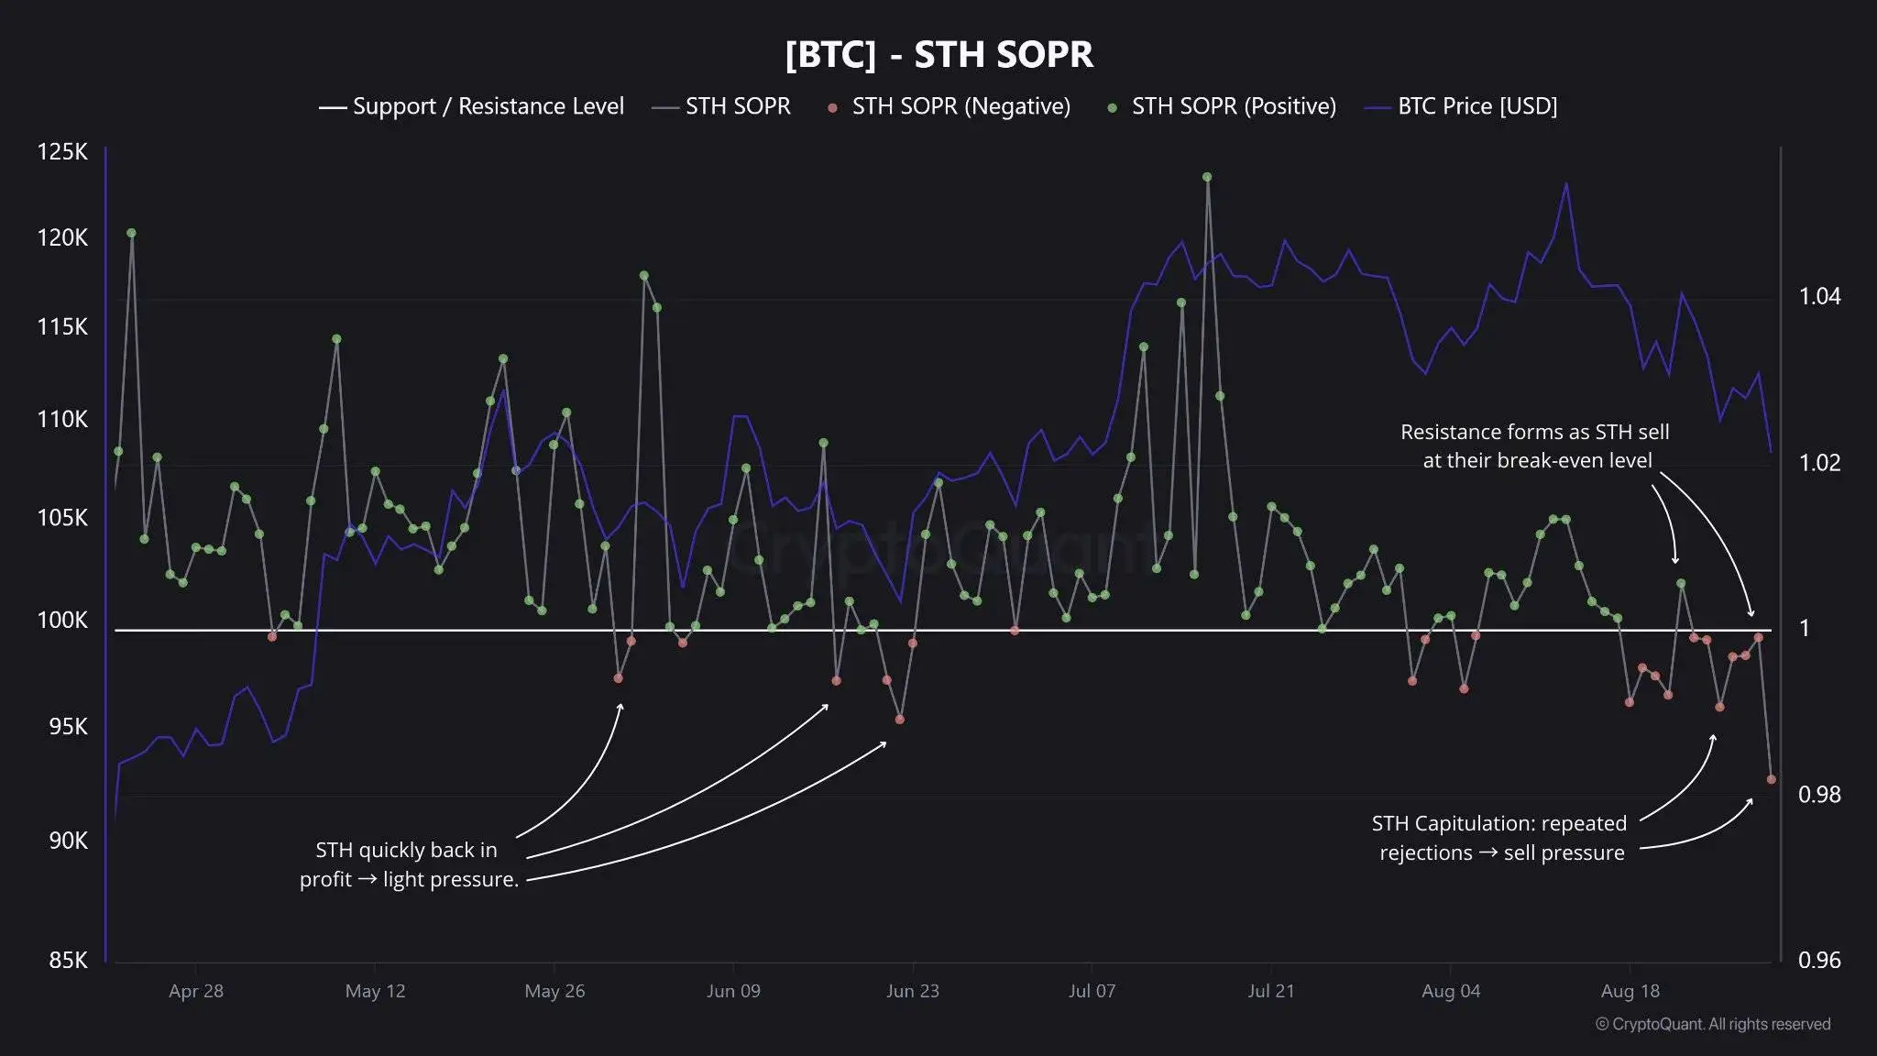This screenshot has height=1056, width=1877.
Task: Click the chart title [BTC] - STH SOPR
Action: point(938,54)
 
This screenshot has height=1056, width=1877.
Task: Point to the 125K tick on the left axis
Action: point(62,152)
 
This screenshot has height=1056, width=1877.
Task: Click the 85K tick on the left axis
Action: point(68,960)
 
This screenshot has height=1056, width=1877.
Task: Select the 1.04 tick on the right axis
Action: point(1818,296)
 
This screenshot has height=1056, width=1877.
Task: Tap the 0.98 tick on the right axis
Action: point(1818,794)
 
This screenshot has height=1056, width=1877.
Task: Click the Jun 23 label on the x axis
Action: point(912,991)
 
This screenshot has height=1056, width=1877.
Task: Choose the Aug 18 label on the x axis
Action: point(1630,991)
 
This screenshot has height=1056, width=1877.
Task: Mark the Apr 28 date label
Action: point(196,991)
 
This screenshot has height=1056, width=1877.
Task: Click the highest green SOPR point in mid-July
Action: point(1207,177)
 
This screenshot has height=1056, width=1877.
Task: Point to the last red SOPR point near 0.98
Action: point(1772,779)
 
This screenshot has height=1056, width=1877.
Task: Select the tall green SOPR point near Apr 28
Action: point(131,233)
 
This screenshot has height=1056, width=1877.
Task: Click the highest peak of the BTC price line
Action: point(1565,183)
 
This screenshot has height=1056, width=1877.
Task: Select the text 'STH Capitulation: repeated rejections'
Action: point(1499,838)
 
